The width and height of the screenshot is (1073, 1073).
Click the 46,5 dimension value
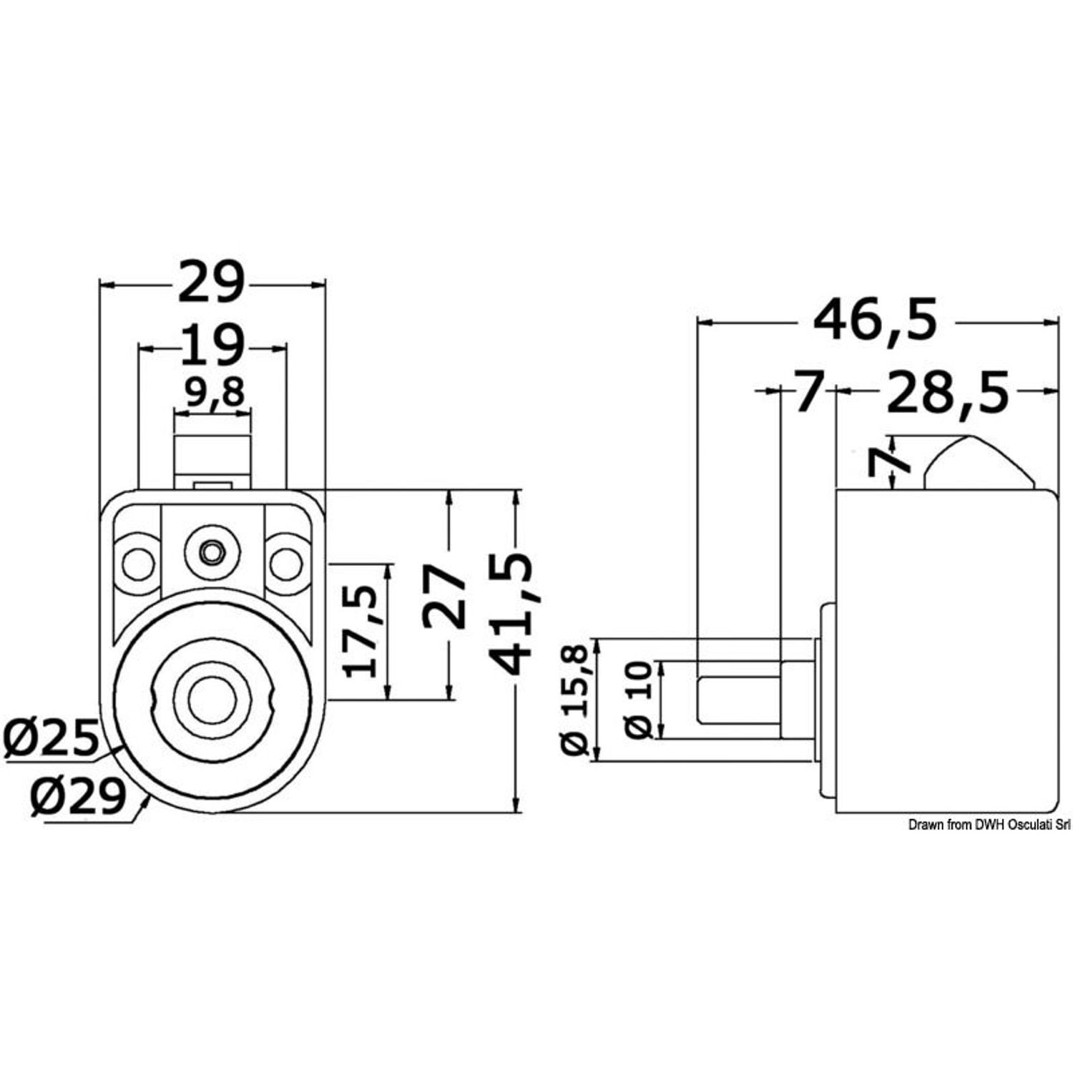click(x=876, y=321)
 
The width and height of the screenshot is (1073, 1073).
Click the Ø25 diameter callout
click(x=49, y=738)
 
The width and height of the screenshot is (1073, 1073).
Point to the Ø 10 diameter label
click(x=637, y=699)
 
